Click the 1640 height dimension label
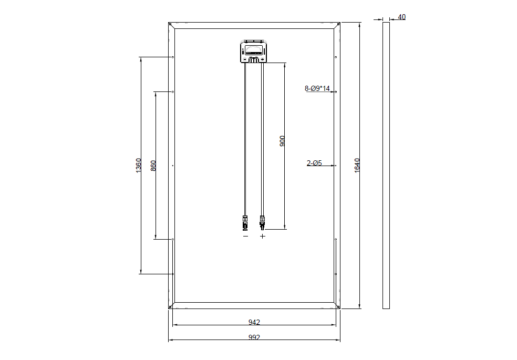coord(357,166)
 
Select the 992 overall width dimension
coord(254,337)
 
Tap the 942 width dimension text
coord(254,322)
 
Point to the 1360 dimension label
coord(139,166)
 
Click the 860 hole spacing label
coord(153,166)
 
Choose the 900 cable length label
coord(282,141)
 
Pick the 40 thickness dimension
coord(401,17)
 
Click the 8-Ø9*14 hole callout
coord(317,88)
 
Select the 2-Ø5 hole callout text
coord(314,163)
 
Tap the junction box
coord(254,51)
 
